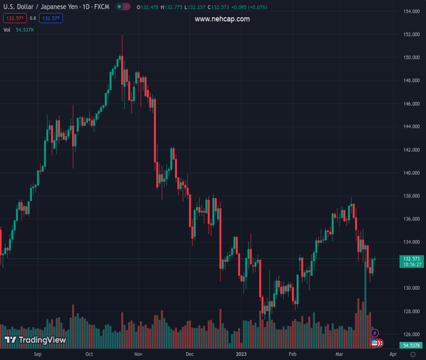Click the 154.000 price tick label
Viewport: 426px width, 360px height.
tap(410, 11)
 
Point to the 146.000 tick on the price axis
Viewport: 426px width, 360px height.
tap(410, 104)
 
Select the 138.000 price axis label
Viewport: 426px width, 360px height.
tap(410, 196)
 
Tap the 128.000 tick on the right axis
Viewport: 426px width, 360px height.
tap(410, 311)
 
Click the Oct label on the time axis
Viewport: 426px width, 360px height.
tap(89, 355)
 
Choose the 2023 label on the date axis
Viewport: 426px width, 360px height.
tap(241, 355)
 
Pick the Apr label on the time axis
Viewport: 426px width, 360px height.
tap(385, 355)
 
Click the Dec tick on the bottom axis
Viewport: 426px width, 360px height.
tap(190, 355)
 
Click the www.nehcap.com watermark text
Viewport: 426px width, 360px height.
tap(222, 19)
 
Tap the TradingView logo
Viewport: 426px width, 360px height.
tap(35, 340)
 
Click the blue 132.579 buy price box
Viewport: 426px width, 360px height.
tap(51, 18)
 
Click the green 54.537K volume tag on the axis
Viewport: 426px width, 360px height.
tap(411, 345)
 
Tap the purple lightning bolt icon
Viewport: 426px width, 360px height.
tap(375, 333)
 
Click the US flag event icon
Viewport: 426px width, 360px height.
tap(375, 343)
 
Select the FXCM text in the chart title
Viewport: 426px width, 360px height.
tap(101, 7)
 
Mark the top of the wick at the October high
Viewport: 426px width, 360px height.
tap(122, 35)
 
